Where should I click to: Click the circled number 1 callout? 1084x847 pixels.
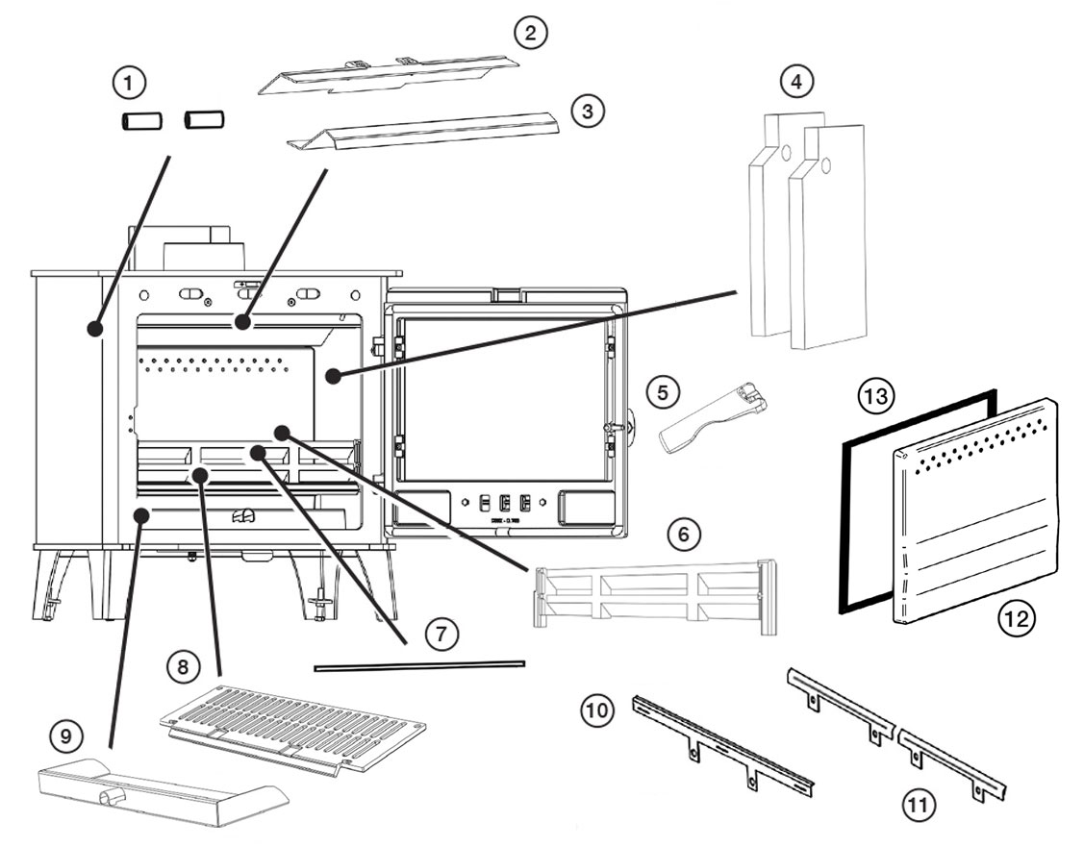tap(129, 83)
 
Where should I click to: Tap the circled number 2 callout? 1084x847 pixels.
tap(530, 33)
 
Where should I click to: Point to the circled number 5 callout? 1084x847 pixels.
tap(662, 392)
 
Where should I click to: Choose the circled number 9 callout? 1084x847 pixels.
tap(65, 736)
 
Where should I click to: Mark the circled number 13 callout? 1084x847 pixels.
tap(878, 395)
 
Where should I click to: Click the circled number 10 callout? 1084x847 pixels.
tap(595, 710)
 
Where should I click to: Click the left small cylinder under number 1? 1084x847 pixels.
tap(140, 121)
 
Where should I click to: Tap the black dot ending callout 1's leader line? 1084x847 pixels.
tap(94, 329)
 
